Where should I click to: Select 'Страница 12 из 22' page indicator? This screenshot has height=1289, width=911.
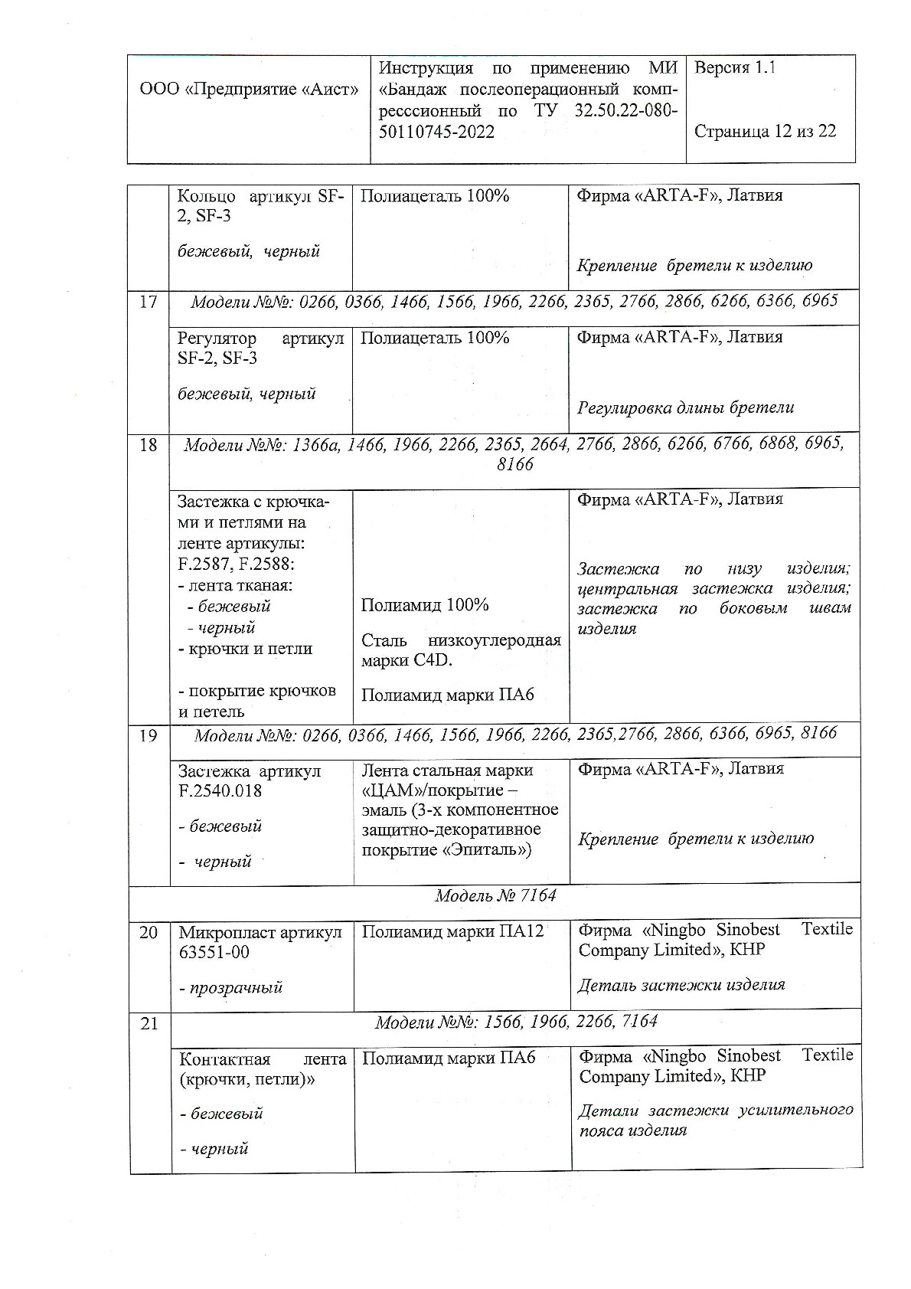tap(765, 131)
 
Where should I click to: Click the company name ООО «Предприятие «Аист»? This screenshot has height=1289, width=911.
tap(249, 90)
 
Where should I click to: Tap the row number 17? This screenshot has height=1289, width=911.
tap(149, 302)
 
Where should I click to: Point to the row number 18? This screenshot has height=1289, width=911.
tap(149, 445)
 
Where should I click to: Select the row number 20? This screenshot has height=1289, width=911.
tap(149, 933)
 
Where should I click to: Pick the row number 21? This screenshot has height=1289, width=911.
tap(149, 1023)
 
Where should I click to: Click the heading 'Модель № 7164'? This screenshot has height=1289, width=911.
tap(495, 895)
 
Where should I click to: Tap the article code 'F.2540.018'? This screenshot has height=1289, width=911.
tap(220, 790)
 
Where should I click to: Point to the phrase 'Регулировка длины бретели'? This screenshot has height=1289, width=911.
tap(685, 407)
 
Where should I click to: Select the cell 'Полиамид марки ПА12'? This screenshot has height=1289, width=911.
tap(452, 931)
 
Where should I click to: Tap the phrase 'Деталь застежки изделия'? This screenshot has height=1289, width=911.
tap(681, 985)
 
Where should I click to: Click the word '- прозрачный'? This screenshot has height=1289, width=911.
tap(231, 987)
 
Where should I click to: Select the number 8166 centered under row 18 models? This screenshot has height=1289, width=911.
tap(514, 464)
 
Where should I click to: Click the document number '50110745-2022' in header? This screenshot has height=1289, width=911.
tap(436, 132)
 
